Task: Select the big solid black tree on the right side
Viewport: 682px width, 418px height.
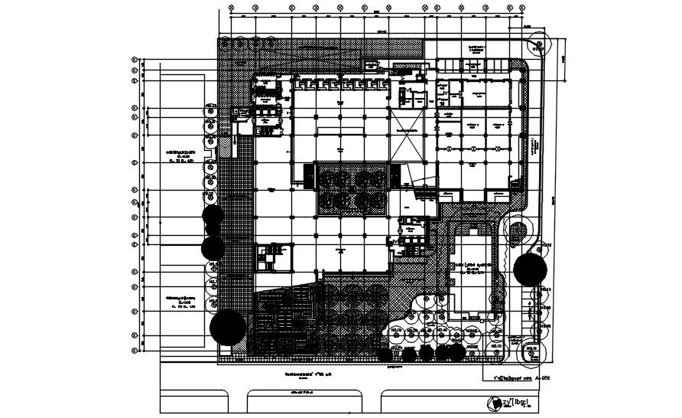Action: (x=529, y=269)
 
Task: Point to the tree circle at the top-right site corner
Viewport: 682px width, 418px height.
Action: (x=538, y=46)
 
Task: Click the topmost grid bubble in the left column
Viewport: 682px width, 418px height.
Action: (x=135, y=59)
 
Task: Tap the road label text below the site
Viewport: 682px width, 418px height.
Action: (x=304, y=392)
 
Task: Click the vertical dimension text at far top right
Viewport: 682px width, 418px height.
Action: (x=564, y=59)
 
